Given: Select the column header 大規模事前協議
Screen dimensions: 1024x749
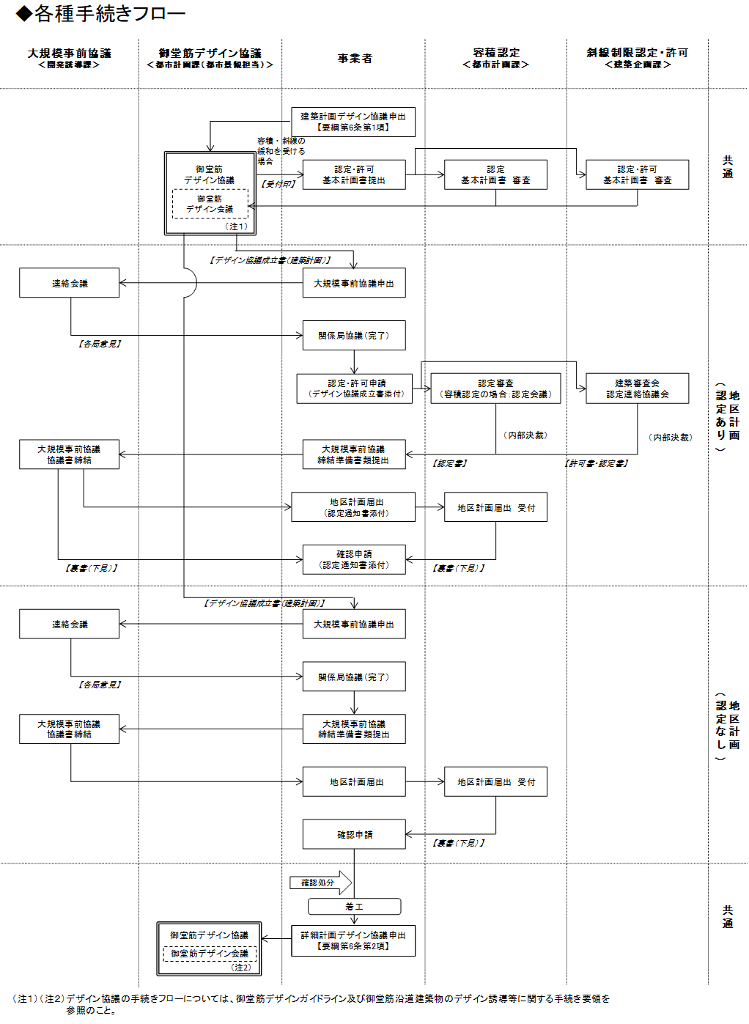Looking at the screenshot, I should [70, 54].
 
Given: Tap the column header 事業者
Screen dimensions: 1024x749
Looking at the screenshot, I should [355, 59].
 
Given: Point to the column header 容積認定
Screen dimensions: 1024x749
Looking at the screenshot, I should [496, 53].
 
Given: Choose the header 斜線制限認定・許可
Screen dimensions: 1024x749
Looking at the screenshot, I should [637, 53].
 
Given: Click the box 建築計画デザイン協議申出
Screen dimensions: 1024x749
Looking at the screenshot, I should [353, 122].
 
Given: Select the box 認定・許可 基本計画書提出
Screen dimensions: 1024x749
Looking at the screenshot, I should [354, 174].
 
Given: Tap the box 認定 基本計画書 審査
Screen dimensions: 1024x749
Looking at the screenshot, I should [495, 174].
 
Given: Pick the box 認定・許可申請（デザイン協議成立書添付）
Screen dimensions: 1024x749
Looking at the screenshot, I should [355, 388].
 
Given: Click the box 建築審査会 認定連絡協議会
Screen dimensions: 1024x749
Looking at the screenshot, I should [637, 388].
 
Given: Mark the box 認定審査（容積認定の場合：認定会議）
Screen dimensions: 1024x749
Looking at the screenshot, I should [495, 388].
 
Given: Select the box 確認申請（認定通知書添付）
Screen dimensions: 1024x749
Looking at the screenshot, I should [354, 559].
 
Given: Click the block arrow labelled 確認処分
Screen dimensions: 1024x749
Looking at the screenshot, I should [320, 883].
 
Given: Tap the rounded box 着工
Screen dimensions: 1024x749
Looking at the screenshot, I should [354, 907].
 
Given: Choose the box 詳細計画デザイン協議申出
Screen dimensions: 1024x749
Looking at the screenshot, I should [353, 940].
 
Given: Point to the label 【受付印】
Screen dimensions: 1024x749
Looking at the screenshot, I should [278, 184].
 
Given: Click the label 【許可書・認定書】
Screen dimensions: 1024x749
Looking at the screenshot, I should [597, 463].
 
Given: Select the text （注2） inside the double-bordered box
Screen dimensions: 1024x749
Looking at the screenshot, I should [241, 968].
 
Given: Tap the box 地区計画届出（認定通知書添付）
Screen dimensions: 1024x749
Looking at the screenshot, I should [353, 507].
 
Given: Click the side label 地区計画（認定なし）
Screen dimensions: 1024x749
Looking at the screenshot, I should [728, 725].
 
